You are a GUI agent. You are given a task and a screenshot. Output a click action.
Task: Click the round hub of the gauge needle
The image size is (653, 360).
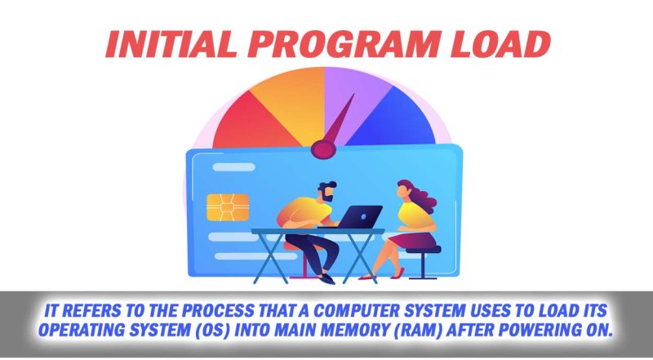point(325,149)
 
